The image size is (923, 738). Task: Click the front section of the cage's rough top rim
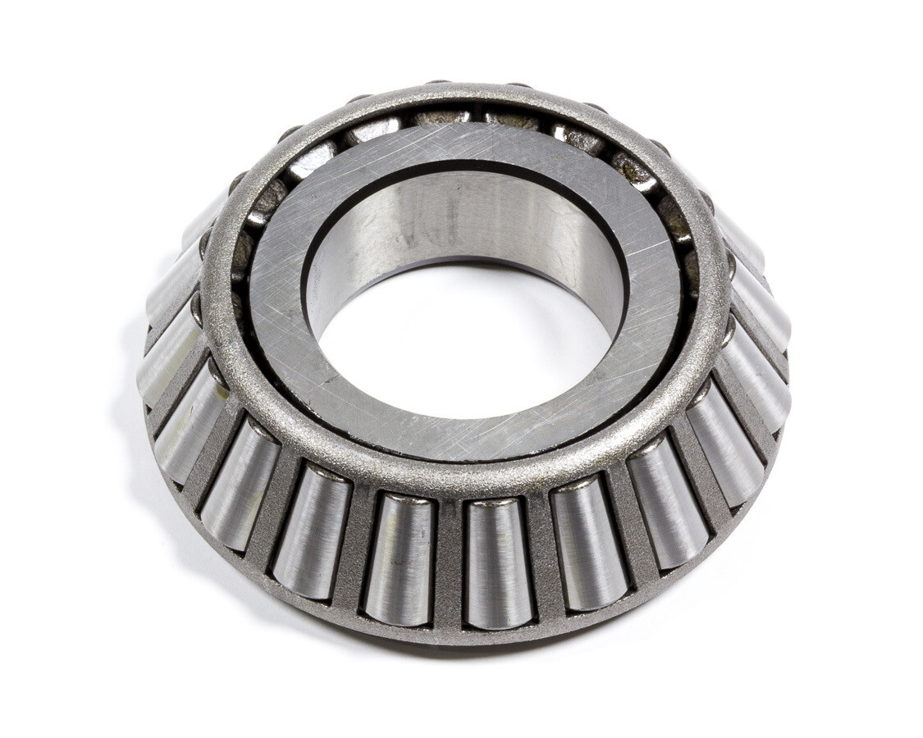[459, 480]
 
